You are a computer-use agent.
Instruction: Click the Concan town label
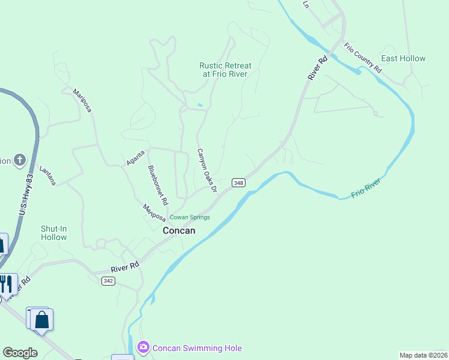179,230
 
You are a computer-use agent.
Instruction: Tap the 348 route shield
238,183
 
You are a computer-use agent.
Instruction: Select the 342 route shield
108,281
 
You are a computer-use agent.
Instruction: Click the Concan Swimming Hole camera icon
143,347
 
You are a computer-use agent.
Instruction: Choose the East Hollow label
403,58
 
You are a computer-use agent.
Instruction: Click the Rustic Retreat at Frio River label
225,70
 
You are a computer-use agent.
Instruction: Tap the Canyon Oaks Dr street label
206,171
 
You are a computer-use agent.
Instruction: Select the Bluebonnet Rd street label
158,182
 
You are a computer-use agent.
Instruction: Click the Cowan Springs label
190,217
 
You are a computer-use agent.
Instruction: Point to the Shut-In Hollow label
54,233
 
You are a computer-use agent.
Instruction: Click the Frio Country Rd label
363,58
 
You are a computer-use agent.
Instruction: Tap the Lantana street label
48,176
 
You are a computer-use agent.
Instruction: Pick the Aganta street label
135,158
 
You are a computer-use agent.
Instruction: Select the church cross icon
20,160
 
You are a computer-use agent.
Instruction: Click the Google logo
20,353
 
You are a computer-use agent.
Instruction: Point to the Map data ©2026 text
423,355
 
